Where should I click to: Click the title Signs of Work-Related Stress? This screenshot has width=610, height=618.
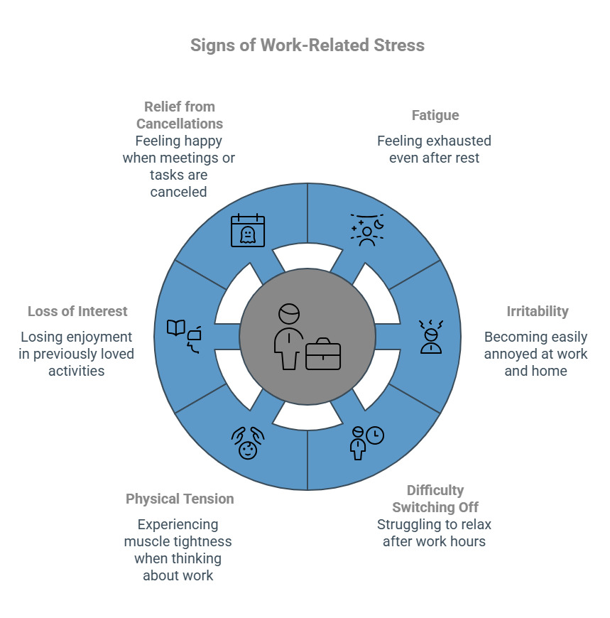pyautogui.click(x=307, y=45)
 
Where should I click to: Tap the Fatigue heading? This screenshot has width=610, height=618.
pyautogui.click(x=435, y=115)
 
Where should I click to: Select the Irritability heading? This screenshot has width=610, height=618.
pyautogui.click(x=537, y=311)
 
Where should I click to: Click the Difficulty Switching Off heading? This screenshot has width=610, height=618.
pyautogui.click(x=435, y=499)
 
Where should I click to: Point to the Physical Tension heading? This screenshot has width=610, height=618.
pyautogui.click(x=180, y=499)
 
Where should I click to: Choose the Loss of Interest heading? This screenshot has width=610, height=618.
pyautogui.click(x=77, y=311)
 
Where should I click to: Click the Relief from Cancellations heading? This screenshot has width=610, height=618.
pyautogui.click(x=179, y=115)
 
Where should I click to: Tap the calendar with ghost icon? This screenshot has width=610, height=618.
pyautogui.click(x=247, y=231)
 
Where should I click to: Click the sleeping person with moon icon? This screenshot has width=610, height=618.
pyautogui.click(x=367, y=229)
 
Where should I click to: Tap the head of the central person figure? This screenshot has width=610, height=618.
pyautogui.click(x=289, y=315)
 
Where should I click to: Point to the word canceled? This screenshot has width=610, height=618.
pyautogui.click(x=178, y=192)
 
